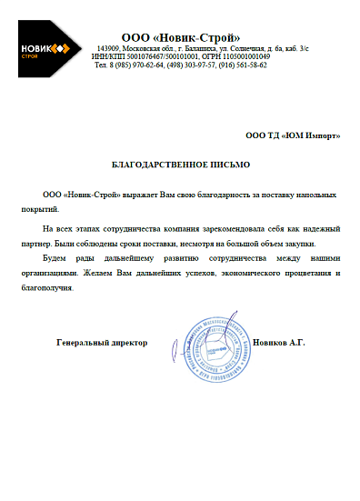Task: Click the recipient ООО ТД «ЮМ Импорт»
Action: pos(294,135)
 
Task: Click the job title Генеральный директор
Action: pos(101,344)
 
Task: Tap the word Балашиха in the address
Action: pos(198,47)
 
